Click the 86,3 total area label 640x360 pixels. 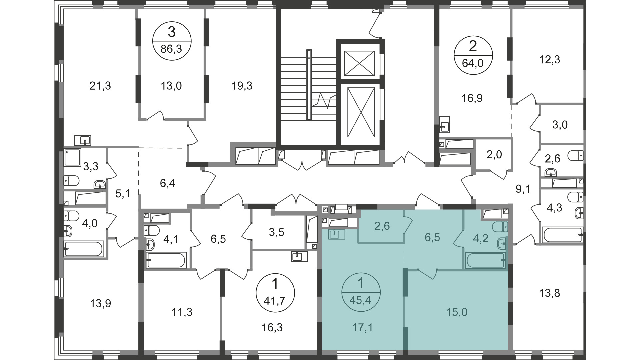[171, 49]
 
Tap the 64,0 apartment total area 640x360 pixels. [473, 63]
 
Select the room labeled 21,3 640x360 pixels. [100, 86]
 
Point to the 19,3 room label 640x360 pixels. [242, 86]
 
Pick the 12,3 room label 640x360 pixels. [550, 60]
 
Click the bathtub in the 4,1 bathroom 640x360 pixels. [166, 260]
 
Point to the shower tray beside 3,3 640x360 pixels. [72, 158]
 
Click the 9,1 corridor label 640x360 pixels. [523, 189]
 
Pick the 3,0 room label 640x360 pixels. [560, 125]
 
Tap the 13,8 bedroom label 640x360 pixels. [550, 293]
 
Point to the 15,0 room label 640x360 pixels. [457, 312]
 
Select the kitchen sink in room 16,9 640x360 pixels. [445, 124]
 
